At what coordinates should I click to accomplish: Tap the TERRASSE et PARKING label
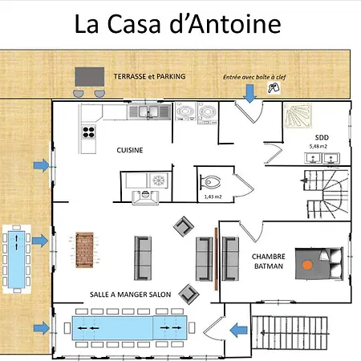(149, 76)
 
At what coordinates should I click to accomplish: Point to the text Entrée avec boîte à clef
(251, 77)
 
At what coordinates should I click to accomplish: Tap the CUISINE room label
(129, 149)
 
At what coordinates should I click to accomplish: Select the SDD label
(322, 137)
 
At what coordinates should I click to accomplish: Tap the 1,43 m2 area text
(213, 196)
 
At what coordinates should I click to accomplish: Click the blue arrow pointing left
(237, 328)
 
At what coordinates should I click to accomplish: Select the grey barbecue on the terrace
(89, 76)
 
